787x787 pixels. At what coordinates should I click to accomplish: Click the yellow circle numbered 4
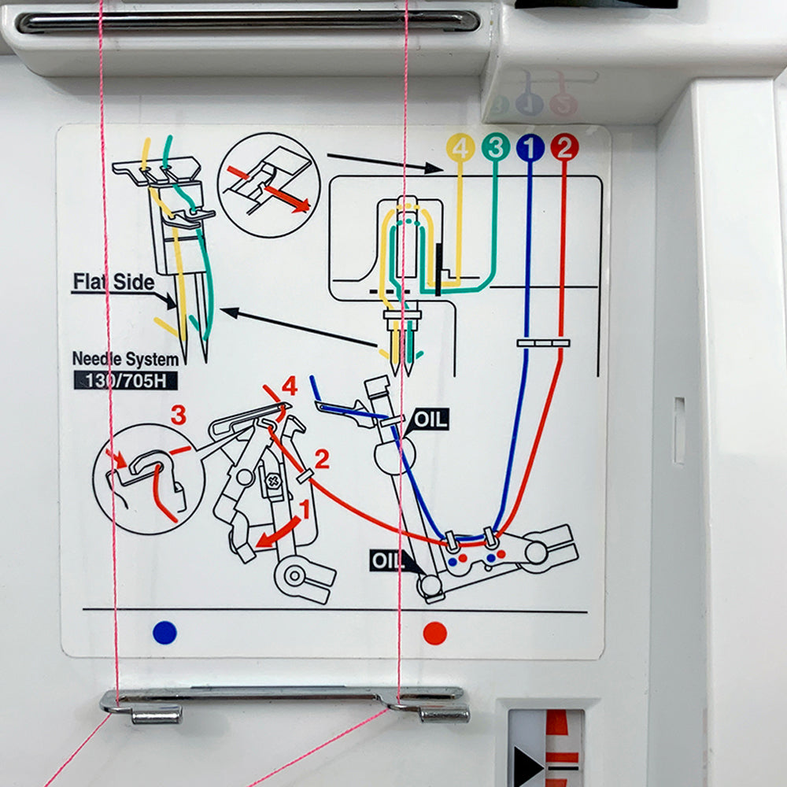click(x=460, y=148)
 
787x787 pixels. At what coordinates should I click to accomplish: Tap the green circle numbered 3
click(x=495, y=148)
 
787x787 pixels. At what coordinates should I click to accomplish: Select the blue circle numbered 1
click(x=530, y=148)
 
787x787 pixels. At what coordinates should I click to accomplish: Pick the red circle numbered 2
click(x=564, y=148)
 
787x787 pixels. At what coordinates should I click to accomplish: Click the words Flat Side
click(x=113, y=282)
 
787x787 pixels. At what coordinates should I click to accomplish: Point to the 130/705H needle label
click(x=125, y=380)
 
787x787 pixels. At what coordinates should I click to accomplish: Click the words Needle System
click(x=125, y=360)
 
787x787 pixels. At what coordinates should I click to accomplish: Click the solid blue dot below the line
click(x=164, y=633)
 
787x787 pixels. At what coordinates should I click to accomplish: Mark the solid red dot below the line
click(x=434, y=634)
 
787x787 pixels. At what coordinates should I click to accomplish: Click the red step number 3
click(x=179, y=415)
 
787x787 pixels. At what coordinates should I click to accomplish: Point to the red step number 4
click(x=290, y=386)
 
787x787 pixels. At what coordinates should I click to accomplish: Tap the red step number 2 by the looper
click(x=322, y=459)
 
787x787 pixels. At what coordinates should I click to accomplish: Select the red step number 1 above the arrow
click(x=305, y=509)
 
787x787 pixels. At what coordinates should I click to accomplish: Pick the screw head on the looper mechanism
click(x=274, y=482)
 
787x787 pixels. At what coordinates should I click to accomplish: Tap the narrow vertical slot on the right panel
click(x=679, y=430)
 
